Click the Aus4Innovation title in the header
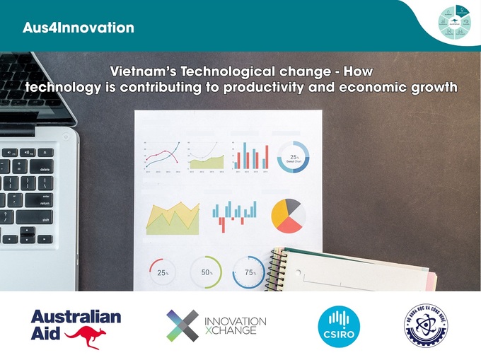[x=77, y=28]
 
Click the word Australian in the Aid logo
[x=75, y=316]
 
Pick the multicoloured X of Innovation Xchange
[x=183, y=325]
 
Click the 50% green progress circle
[x=207, y=272]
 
